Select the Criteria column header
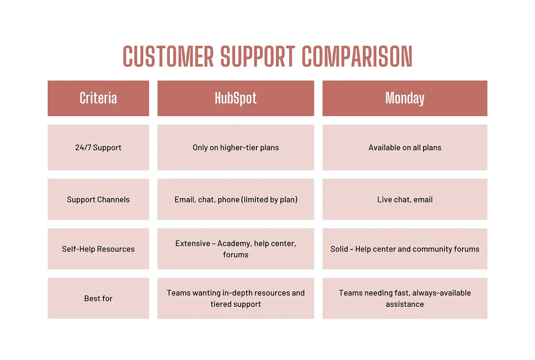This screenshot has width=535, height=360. tap(98, 98)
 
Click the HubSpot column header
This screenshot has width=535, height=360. tap(235, 98)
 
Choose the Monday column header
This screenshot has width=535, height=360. tap(405, 98)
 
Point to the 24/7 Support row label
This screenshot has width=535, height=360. tap(98, 148)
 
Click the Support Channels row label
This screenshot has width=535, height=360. tap(98, 199)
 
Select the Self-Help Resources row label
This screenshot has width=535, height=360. tap(98, 249)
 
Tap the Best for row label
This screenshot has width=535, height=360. tap(98, 298)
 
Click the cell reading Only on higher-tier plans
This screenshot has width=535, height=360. tap(235, 148)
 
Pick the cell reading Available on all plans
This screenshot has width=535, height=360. tap(405, 148)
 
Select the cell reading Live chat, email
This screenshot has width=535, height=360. tap(405, 199)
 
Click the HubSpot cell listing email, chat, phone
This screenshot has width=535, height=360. tap(235, 199)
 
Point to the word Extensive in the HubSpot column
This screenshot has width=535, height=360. tap(193, 244)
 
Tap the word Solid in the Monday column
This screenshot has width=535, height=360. tap(339, 249)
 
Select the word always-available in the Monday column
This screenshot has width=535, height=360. tap(442, 293)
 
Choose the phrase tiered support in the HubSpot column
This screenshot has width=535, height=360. tap(235, 304)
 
